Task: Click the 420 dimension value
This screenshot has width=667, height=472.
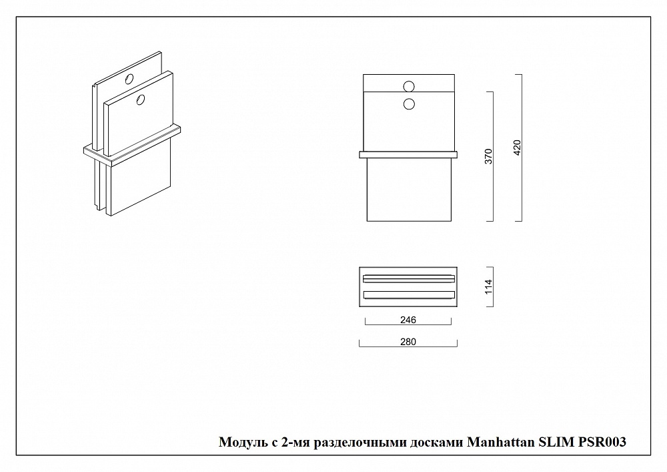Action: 518,148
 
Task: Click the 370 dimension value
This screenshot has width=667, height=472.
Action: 488,156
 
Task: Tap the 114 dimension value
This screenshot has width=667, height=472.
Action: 488,286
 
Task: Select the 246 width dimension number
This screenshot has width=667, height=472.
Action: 408,320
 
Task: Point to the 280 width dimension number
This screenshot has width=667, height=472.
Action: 408,342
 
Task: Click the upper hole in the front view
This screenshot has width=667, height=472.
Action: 409,86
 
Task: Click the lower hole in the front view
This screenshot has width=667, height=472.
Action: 409,103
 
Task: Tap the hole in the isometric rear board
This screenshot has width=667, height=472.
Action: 129,79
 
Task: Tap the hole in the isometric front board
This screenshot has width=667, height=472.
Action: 140,100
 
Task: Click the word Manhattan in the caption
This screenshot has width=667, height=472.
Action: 501,442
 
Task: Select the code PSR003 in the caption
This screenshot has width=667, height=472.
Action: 601,442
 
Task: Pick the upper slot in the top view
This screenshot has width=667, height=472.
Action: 409,278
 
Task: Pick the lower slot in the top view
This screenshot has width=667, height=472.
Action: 409,294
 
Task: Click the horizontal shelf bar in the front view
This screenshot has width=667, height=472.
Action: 408,154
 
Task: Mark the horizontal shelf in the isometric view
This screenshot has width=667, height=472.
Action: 132,146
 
